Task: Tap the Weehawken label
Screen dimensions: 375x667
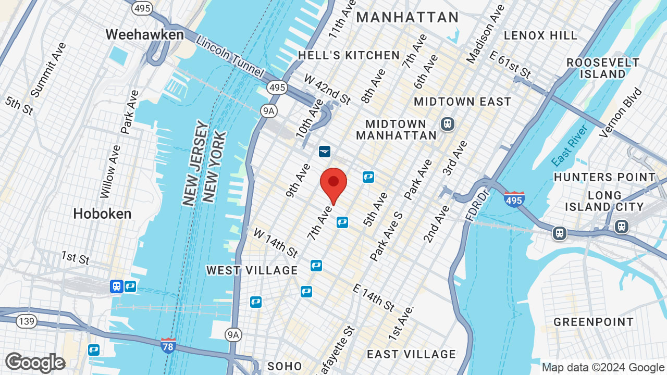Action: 144,35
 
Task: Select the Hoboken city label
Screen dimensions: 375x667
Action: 102,214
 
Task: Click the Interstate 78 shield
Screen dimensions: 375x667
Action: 168,345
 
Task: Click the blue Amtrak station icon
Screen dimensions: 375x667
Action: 325,151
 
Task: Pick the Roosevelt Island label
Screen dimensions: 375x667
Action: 603,68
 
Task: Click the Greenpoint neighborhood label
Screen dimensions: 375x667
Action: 594,322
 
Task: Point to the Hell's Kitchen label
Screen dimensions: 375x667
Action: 349,55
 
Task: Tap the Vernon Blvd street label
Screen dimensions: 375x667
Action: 621,114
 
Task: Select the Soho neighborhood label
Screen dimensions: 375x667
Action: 285,366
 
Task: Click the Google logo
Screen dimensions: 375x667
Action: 35,362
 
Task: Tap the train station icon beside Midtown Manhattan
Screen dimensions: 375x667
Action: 447,124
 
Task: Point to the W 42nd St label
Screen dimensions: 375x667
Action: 328,89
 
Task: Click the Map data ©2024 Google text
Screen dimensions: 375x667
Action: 603,368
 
